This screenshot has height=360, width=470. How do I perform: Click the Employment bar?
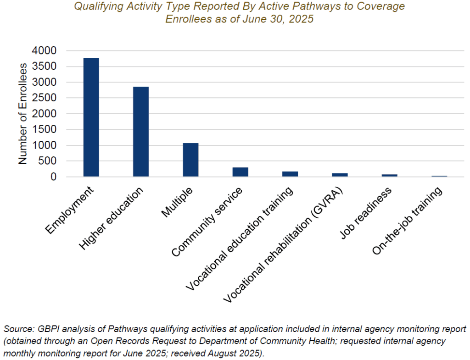pos(91,117)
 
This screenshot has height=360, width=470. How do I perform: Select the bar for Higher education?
pos(141,132)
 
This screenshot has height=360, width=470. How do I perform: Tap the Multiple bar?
pos(190,160)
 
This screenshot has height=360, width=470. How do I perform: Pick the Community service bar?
pos(240,172)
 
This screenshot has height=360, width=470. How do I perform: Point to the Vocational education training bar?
pos(290,174)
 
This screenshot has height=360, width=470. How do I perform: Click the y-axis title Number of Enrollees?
pos(23,113)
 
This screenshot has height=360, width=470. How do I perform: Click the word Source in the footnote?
pos(17,329)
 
